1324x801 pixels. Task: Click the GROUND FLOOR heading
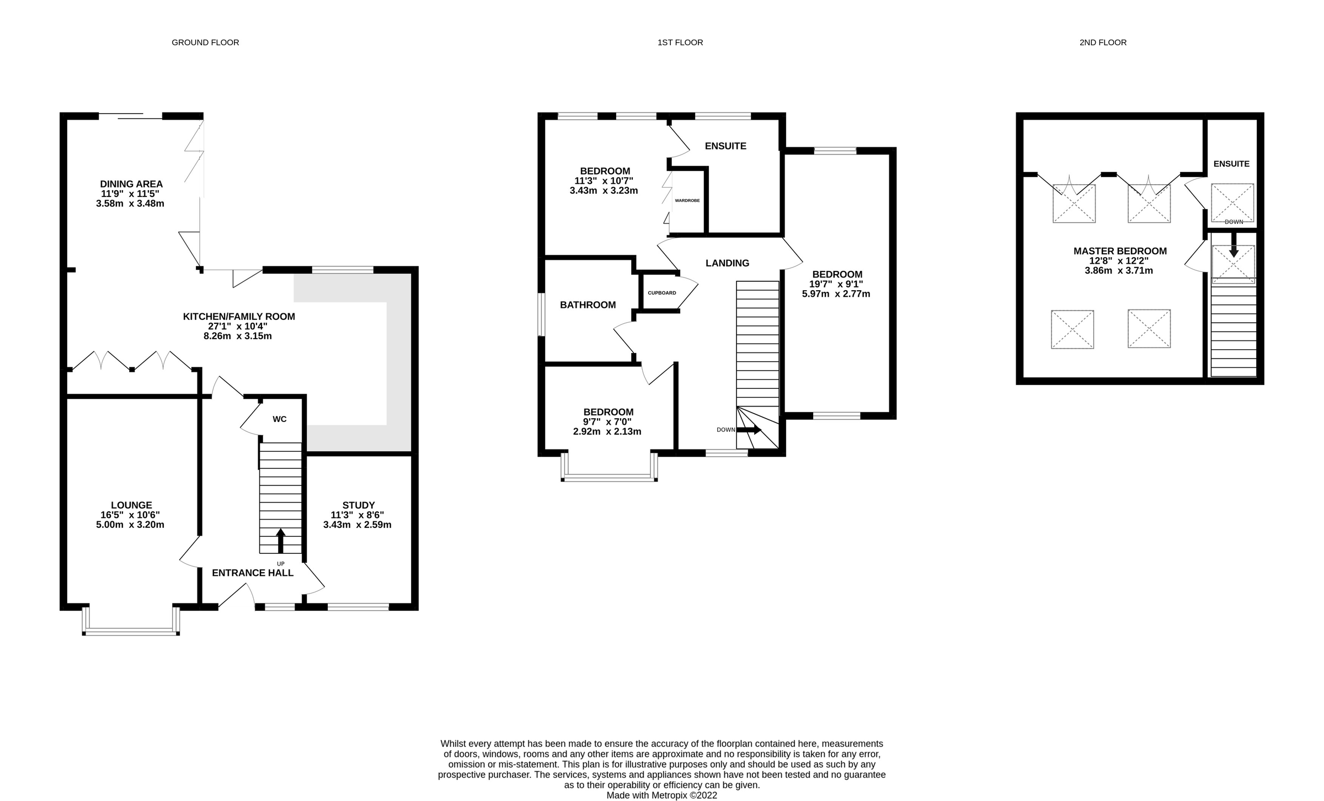[205, 42]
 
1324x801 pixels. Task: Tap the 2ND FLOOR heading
[1103, 42]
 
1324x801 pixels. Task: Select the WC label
[280, 419]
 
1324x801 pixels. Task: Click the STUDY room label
[359, 505]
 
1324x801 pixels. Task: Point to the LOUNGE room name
[131, 505]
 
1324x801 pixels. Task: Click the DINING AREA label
[131, 184]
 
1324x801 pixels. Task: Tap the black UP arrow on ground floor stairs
[281, 540]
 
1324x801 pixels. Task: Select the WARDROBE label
[687, 201]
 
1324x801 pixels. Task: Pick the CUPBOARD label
[662, 293]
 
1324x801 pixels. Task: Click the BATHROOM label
[588, 305]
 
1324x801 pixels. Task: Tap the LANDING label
[727, 263]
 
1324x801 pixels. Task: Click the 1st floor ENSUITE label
[725, 146]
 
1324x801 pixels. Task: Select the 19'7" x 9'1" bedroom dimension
[836, 284]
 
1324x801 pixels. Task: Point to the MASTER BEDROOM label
[1120, 251]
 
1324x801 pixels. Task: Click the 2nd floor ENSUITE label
[1231, 164]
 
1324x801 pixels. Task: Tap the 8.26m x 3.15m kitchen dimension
[238, 336]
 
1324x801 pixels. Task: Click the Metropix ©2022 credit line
[661, 795]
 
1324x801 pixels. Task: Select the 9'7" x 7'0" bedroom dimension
[607, 422]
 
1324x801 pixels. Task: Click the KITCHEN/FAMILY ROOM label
[239, 317]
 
